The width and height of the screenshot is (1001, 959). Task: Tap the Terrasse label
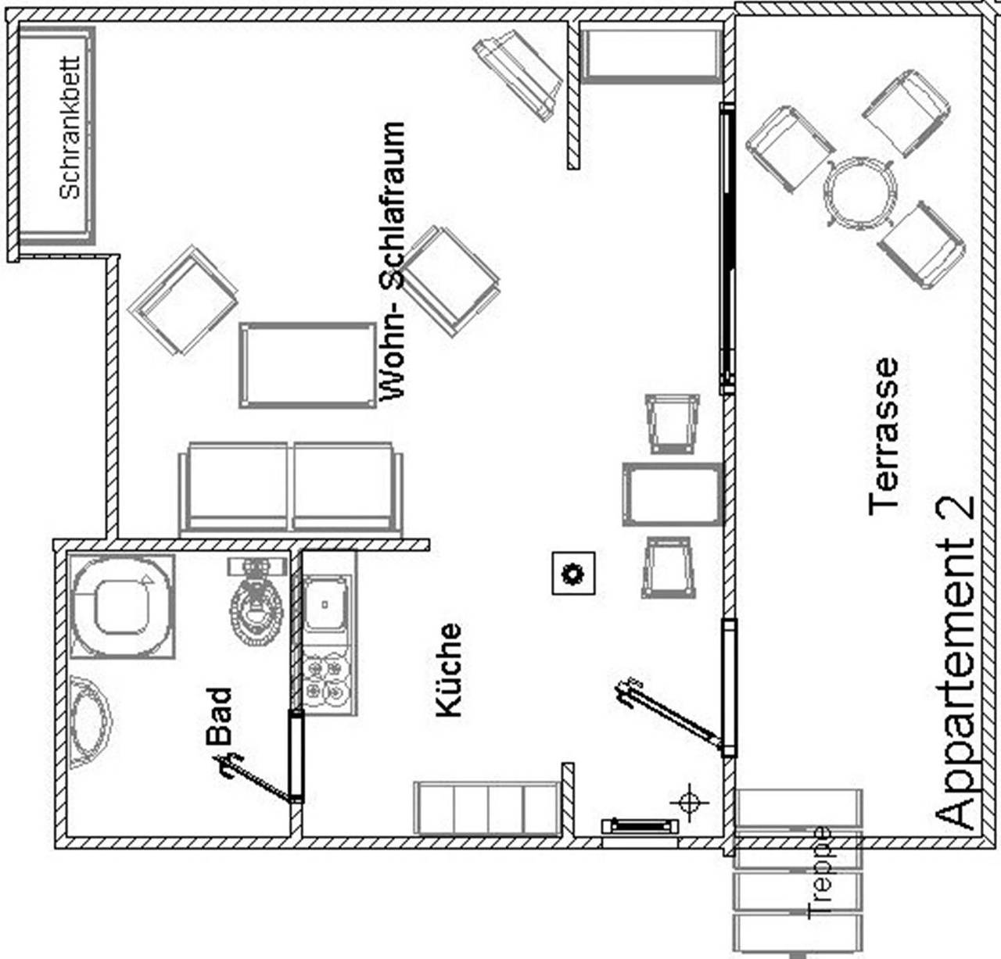tap(884, 436)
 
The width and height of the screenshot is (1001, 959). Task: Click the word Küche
tap(449, 670)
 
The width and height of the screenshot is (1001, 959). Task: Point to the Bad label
tap(219, 715)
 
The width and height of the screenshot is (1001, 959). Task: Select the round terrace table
tap(859, 192)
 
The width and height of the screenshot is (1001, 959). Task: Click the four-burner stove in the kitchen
tap(327, 678)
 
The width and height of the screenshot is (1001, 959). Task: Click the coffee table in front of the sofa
tap(308, 365)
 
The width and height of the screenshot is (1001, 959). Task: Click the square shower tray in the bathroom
tap(122, 606)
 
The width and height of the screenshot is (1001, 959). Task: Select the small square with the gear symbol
tap(574, 574)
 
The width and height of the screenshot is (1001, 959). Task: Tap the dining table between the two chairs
tap(673, 495)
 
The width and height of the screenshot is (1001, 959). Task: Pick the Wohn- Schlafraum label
tap(392, 262)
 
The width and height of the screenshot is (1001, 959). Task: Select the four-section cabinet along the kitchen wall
tap(486, 807)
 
